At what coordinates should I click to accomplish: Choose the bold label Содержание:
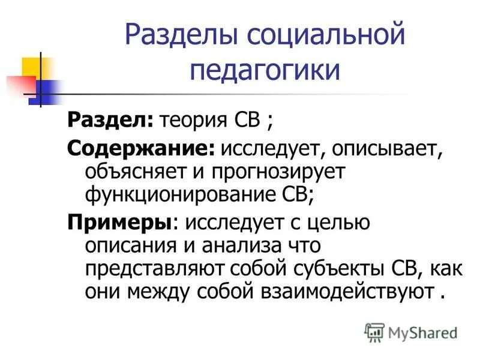click(141, 148)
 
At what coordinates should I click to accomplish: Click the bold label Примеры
click(119, 221)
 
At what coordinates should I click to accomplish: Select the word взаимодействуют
click(347, 292)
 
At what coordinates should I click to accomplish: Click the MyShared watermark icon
click(375, 331)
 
